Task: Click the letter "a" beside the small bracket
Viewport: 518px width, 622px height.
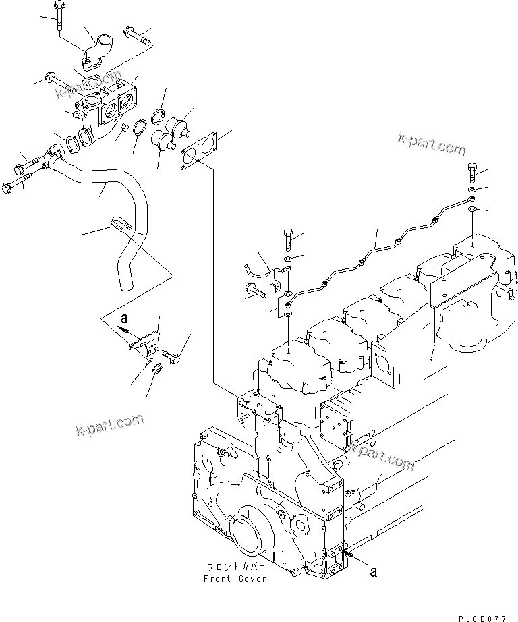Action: pos(123,316)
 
